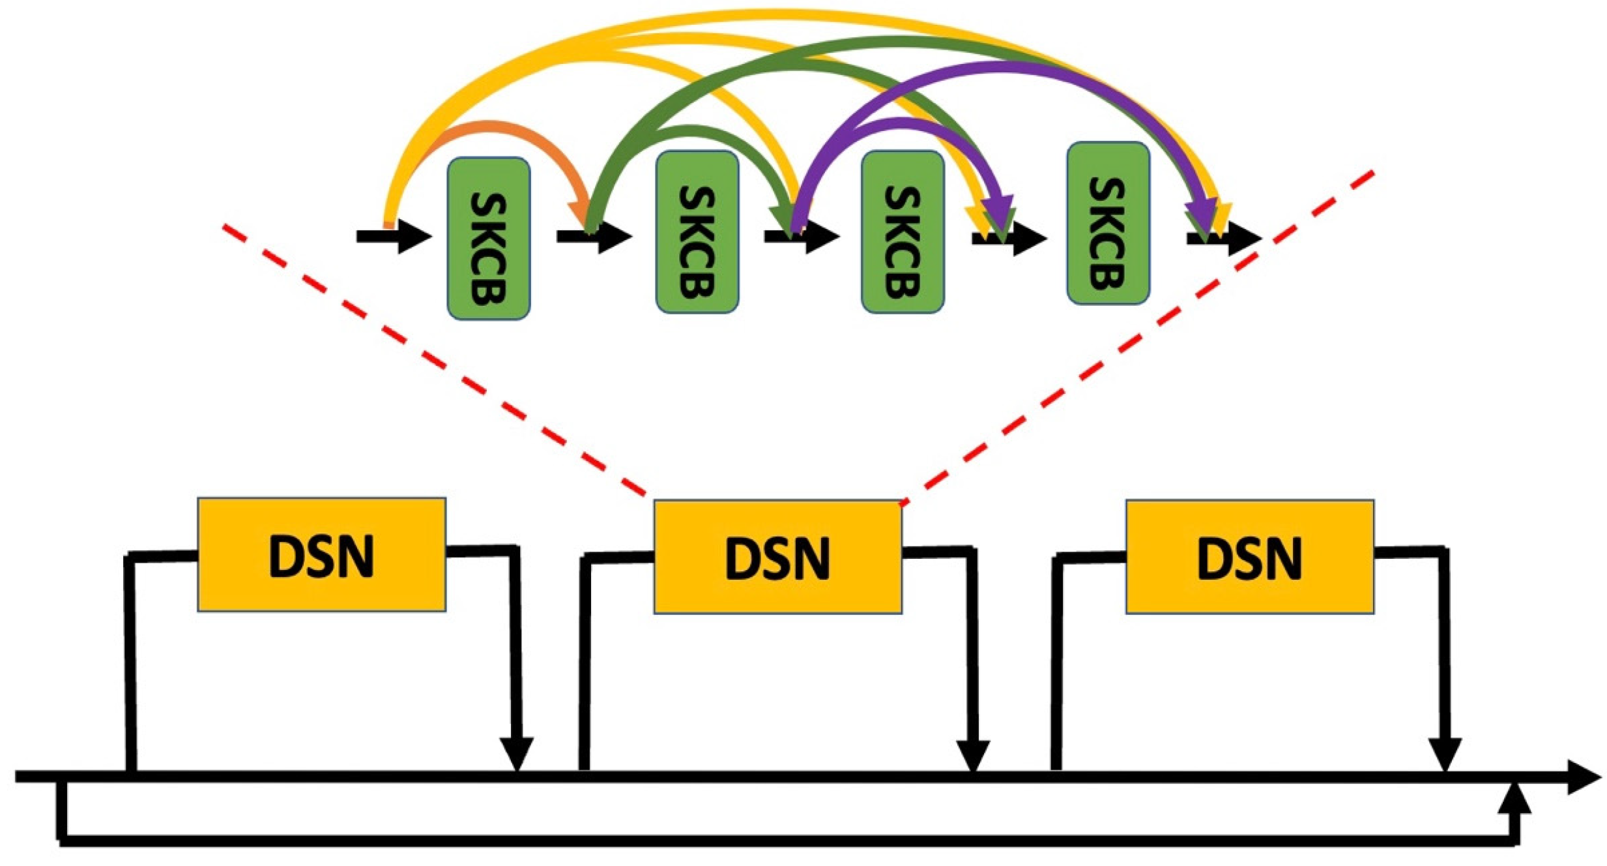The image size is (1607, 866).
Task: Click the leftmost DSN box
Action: point(321,555)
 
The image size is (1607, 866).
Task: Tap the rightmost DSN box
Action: point(1249,557)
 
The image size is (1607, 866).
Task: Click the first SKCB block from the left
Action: point(488,239)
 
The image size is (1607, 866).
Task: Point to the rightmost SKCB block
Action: point(1107,224)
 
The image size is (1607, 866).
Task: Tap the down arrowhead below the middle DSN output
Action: point(972,754)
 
